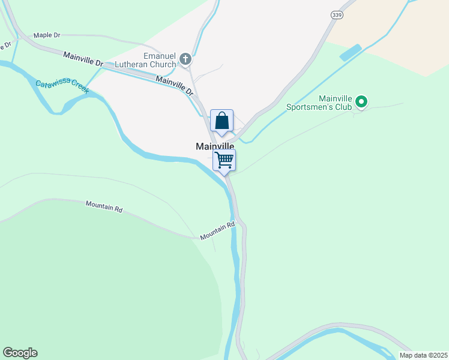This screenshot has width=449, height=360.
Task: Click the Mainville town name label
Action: click(x=215, y=146)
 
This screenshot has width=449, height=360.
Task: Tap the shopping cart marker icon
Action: click(x=224, y=160)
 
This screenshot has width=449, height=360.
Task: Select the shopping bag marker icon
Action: click(x=221, y=121)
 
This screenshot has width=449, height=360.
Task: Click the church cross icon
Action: click(x=185, y=59)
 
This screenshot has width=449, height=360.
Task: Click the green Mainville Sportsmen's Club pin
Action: click(x=361, y=103)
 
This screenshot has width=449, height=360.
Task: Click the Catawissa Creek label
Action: click(x=62, y=87)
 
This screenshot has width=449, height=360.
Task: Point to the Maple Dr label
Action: click(x=47, y=35)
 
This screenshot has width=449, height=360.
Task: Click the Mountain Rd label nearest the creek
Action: click(x=217, y=232)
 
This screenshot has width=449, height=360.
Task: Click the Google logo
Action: click(x=20, y=353)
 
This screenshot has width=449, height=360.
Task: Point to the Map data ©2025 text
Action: click(x=423, y=355)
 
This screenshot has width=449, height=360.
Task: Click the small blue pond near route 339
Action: click(x=351, y=53)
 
